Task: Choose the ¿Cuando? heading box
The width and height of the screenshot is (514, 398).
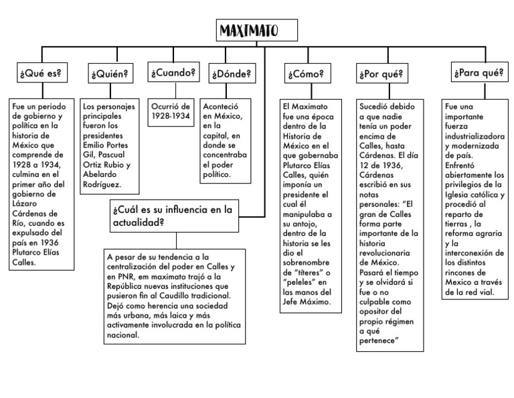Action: coord(173,72)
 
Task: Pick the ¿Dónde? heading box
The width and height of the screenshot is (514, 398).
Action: coord(232,73)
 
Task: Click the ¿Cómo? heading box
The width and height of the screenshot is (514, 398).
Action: coord(305,73)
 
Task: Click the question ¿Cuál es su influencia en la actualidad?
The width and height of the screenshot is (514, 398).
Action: coord(172,216)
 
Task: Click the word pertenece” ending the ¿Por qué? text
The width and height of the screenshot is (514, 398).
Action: coord(379,341)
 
